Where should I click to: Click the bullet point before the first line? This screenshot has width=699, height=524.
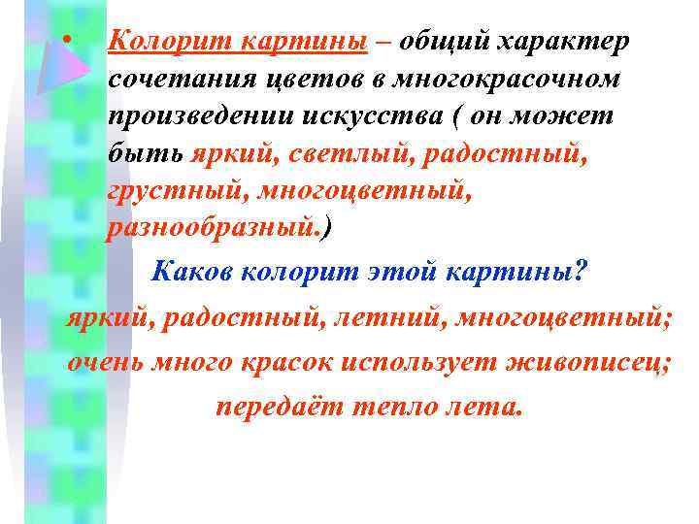click(x=65, y=41)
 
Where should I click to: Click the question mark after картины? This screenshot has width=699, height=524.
click(x=581, y=273)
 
